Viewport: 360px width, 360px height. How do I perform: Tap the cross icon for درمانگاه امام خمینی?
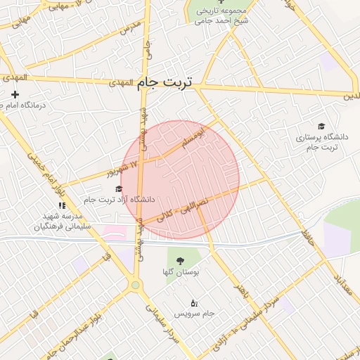[x=15, y=94]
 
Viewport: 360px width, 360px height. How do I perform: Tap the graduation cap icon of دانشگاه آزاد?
[x=118, y=188]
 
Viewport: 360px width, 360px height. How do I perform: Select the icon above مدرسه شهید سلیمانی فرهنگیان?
[x=62, y=205]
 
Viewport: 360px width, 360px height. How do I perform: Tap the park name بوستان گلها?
[x=182, y=271]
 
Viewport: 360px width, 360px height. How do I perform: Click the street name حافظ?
[x=307, y=232]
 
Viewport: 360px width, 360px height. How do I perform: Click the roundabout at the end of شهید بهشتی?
[x=134, y=285]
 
